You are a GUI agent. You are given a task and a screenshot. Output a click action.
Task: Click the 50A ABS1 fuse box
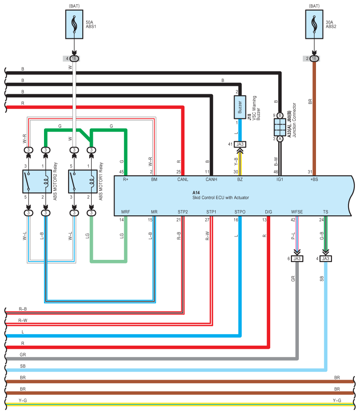pyautogui.click(x=74, y=24)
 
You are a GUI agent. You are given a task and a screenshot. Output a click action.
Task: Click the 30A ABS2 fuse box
pyautogui.click(x=314, y=24)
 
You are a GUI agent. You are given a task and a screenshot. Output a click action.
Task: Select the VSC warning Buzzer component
pyautogui.click(x=240, y=107)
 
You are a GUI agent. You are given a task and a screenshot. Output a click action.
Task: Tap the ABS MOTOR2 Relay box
pyautogui.click(x=37, y=181)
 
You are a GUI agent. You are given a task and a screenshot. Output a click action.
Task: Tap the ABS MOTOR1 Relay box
pyautogui.click(x=83, y=181)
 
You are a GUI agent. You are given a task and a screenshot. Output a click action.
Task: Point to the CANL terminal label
pyautogui.click(x=183, y=180)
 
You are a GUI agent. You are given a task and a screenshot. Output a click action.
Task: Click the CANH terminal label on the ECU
pyautogui.click(x=211, y=180)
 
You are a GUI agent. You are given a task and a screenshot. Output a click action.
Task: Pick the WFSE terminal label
pyautogui.click(x=297, y=212)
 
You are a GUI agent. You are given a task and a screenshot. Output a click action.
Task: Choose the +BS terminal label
pyautogui.click(x=314, y=180)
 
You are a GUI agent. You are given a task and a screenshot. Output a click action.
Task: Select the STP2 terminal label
pyautogui.click(x=183, y=212)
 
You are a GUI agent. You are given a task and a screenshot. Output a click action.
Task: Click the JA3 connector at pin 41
pyautogui.click(x=240, y=144)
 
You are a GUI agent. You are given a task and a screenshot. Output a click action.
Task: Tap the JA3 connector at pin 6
pyautogui.click(x=297, y=259)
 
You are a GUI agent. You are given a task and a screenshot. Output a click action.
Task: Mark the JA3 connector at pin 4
pyautogui.click(x=325, y=259)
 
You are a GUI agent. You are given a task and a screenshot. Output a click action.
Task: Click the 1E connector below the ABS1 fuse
pyautogui.click(x=74, y=59)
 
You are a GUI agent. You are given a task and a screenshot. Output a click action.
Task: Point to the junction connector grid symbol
pyautogui.click(x=280, y=127)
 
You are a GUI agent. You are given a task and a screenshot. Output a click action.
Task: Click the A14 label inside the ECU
pyautogui.click(x=196, y=193)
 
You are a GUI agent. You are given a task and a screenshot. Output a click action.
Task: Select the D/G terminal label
pyautogui.click(x=268, y=212)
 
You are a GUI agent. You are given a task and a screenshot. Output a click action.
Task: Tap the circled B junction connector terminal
pyautogui.click(x=280, y=115)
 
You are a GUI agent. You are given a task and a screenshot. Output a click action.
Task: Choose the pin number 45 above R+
pyautogui.click(x=121, y=172)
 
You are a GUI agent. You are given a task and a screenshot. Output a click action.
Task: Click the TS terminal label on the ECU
pyautogui.click(x=325, y=212)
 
